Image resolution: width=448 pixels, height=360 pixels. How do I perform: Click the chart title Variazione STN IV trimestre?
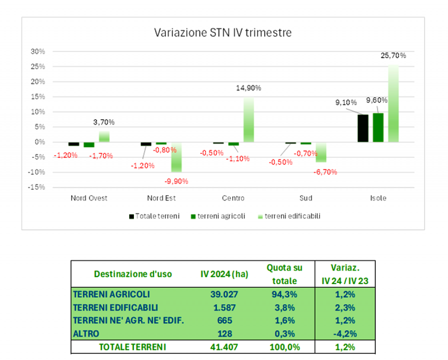point(223,32)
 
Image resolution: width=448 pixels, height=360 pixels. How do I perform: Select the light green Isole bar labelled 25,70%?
point(393,104)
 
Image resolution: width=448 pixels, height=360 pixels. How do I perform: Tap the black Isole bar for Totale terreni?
point(363,128)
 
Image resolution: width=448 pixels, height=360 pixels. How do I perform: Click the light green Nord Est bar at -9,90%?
point(177,157)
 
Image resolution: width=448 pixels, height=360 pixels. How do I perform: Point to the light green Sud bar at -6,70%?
point(321,152)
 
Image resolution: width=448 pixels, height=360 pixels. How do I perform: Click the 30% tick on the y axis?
point(38,52)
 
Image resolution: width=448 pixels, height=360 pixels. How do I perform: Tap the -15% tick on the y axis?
point(38,187)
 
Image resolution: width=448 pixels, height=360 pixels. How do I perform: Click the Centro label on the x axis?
point(233,198)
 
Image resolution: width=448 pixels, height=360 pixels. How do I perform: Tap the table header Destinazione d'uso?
point(133,273)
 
